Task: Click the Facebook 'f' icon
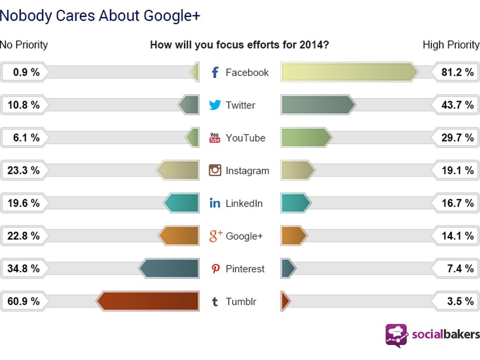(215, 72)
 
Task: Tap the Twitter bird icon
(215, 105)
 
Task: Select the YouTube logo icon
(215, 138)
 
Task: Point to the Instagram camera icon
(215, 170)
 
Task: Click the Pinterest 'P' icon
(215, 269)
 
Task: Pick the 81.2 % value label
(457, 72)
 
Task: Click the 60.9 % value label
(23, 301)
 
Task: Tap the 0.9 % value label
(26, 72)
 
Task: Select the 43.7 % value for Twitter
(457, 105)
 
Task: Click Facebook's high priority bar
(349, 72)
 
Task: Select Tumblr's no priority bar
(148, 301)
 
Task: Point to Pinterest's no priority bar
(169, 269)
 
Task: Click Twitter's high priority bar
(318, 105)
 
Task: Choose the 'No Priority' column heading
(24, 45)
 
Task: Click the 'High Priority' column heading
(451, 45)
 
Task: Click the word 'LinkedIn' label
(244, 203)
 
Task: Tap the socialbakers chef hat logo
(396, 335)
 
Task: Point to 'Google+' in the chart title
(172, 15)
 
